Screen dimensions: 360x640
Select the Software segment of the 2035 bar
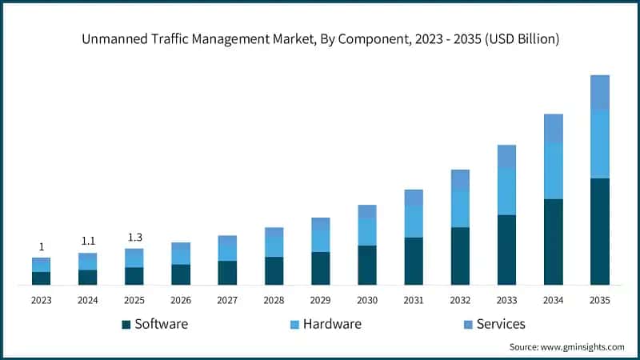[600, 231]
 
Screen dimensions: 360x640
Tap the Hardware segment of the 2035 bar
[600, 144]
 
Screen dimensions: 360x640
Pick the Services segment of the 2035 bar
[600, 93]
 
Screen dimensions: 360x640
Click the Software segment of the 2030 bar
[367, 265]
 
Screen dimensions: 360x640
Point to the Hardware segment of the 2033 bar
[506, 192]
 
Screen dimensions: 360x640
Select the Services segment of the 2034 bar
[553, 129]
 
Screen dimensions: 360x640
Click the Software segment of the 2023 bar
[42, 278]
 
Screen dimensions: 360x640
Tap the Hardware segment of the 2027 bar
[227, 248]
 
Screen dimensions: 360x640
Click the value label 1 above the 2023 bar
[42, 246]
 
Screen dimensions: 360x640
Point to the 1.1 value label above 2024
[88, 241]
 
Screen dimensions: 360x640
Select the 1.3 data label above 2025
[134, 237]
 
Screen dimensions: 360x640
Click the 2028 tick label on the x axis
[274, 301]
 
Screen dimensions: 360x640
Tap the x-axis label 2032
[460, 301]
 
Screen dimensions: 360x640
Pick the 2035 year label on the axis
[600, 301]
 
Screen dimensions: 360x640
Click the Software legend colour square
[126, 325]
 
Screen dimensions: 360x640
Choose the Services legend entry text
[501, 324]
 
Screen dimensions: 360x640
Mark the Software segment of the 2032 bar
[460, 256]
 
